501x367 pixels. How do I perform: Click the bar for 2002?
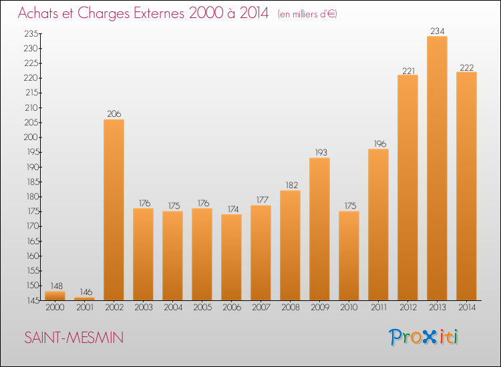tap(114, 210)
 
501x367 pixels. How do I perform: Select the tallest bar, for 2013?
tap(437, 168)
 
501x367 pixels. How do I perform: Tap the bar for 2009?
tap(319, 229)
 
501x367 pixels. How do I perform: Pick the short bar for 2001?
tap(84, 299)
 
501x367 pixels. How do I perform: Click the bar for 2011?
tap(378, 224)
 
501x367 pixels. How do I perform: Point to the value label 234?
tap(437, 30)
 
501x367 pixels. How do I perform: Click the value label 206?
tap(114, 113)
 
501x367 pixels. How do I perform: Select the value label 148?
tap(55, 285)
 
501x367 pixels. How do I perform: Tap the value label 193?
tap(319, 151)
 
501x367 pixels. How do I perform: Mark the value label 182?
tap(290, 184)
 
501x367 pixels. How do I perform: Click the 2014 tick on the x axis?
tap(466, 308)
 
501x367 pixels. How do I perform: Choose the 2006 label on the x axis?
tap(231, 308)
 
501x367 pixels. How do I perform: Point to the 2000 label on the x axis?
tap(55, 308)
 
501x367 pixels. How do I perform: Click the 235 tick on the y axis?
tap(31, 34)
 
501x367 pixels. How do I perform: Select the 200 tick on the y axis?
tap(31, 137)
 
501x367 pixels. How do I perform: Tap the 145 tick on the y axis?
tap(31, 300)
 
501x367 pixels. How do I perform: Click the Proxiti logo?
tap(424, 337)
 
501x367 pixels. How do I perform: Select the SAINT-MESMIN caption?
tap(73, 338)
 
